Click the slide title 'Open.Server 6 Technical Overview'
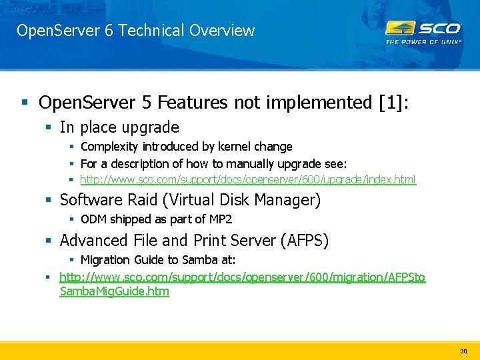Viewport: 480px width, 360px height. (135, 31)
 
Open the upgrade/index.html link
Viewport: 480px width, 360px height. (247, 179)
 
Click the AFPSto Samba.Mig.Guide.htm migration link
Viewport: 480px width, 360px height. (242, 284)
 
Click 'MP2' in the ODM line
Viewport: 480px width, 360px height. (219, 219)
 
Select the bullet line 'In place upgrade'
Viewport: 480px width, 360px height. (119, 127)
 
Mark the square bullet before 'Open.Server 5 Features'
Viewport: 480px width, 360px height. (25, 103)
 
